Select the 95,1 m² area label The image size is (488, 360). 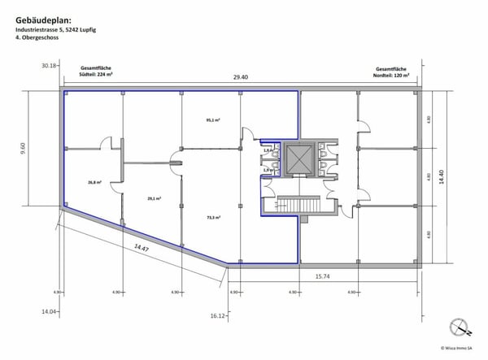click(214, 121)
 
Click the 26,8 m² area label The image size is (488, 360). click(96, 183)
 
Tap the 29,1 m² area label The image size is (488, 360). click(155, 197)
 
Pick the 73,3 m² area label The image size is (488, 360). click(214, 217)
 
